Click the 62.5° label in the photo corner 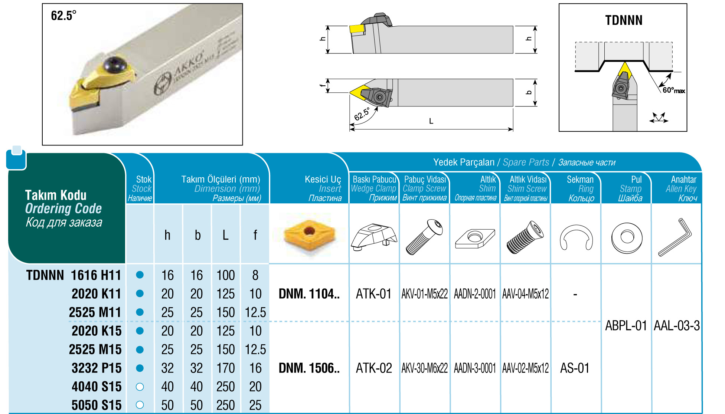click(x=63, y=16)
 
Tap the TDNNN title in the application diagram click(x=624, y=20)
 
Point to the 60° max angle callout click(x=674, y=90)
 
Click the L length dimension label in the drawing click(x=431, y=121)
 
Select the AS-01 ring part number click(x=575, y=368)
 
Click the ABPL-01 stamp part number click(x=626, y=326)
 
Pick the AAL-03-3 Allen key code click(x=676, y=326)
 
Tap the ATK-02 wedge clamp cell click(x=374, y=368)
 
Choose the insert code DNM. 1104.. click(x=309, y=294)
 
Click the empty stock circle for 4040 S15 click(x=140, y=387)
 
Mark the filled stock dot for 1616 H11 click(x=140, y=275)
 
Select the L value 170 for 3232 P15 click(x=226, y=368)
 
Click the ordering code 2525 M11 click(x=95, y=312)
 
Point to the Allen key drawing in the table click(x=675, y=237)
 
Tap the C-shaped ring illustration click(x=576, y=237)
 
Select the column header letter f click(x=255, y=235)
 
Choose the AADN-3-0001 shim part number click(x=475, y=368)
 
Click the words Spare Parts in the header click(x=526, y=162)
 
